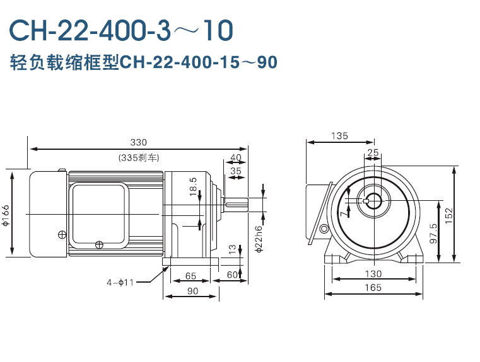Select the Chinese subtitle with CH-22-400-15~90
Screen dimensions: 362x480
click(144, 63)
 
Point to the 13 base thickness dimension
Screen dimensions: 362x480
click(232, 251)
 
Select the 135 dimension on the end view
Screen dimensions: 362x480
click(339, 136)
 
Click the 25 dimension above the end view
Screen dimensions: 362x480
click(373, 152)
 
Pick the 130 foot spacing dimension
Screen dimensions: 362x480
click(373, 274)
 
